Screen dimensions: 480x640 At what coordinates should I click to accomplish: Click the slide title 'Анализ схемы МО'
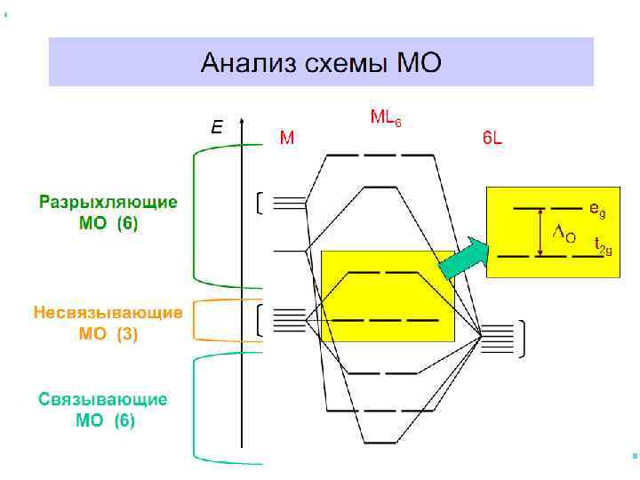click(320, 63)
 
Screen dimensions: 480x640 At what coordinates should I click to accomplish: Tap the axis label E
click(216, 128)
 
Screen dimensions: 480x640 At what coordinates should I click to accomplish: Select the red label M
click(287, 138)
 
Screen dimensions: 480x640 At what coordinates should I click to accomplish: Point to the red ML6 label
click(385, 116)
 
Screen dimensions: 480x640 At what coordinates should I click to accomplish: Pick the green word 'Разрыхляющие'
click(108, 202)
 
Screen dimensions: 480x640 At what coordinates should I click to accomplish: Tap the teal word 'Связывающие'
click(103, 399)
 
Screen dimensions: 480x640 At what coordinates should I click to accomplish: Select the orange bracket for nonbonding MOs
click(197, 320)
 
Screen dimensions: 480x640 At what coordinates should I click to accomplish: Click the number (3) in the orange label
click(125, 334)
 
